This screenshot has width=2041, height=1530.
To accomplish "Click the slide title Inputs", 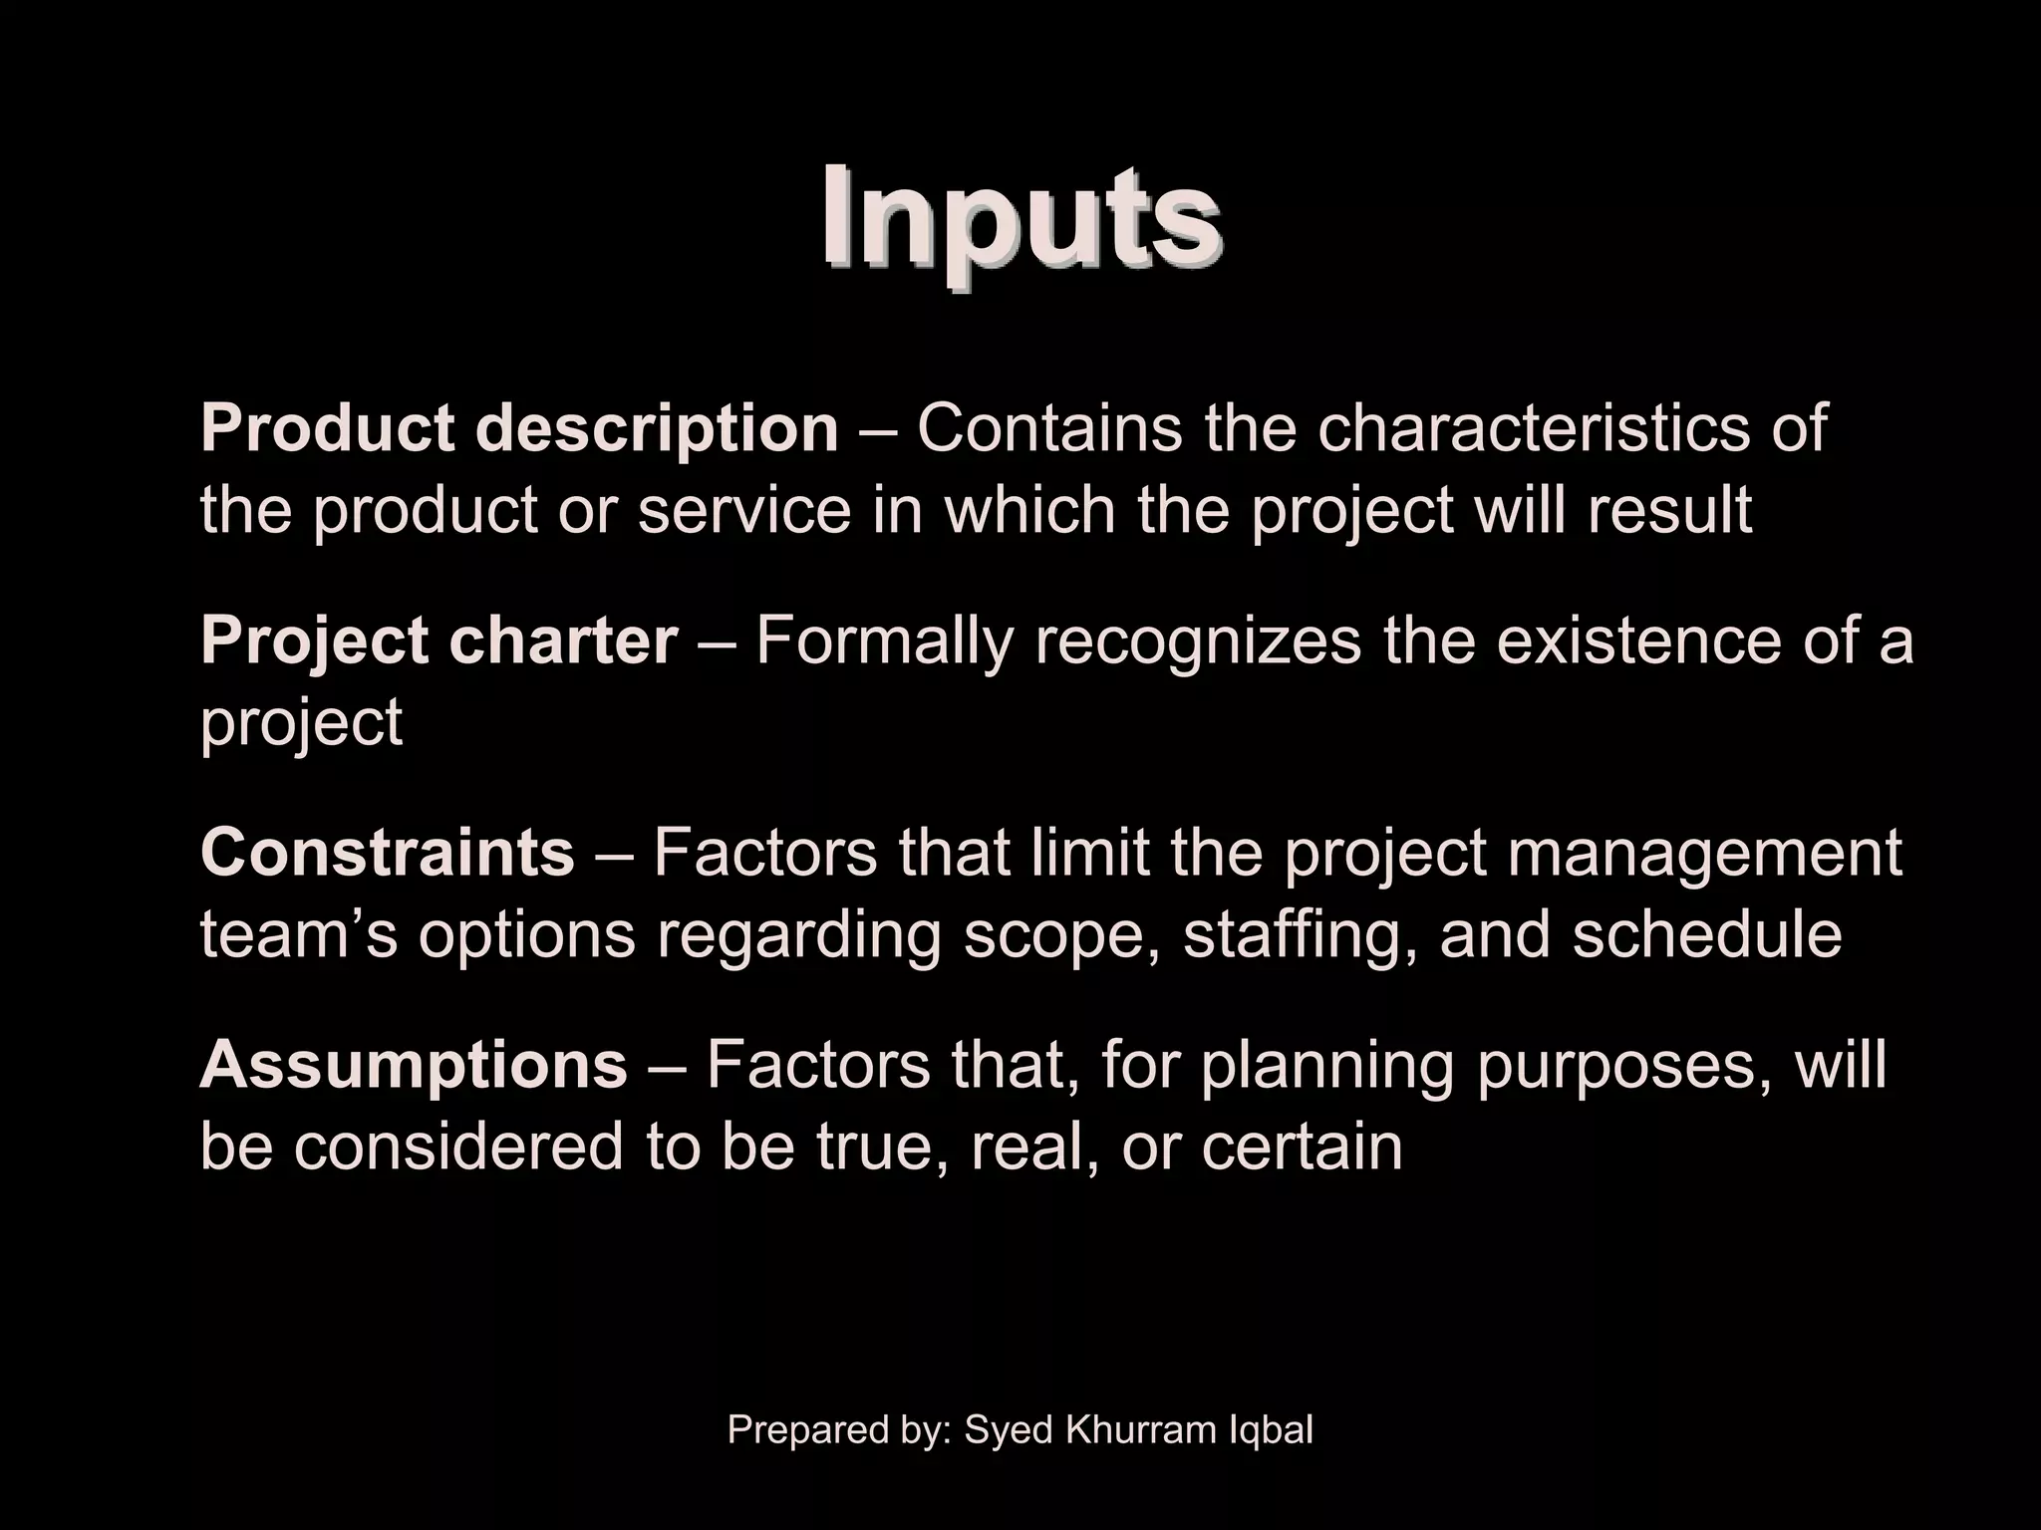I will click(x=1020, y=218).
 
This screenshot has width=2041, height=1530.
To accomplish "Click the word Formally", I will click(x=884, y=640).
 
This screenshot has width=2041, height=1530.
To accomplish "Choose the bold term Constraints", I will click(x=388, y=853).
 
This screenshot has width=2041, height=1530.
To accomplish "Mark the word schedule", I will click(x=1707, y=934).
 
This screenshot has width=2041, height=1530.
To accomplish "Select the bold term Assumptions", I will click(x=414, y=1065).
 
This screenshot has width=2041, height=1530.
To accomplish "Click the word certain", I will click(x=1302, y=1147).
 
